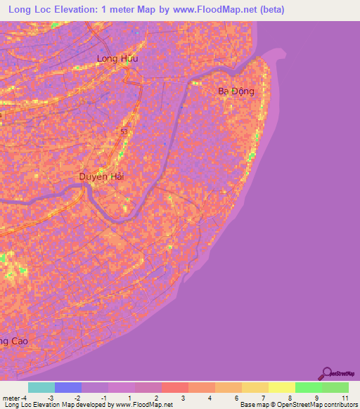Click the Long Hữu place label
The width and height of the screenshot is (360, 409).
tap(117, 59)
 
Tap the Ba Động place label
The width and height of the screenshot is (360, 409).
tap(235, 91)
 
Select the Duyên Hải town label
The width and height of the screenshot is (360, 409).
tap(101, 177)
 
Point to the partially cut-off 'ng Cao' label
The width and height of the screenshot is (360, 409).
tap(13, 342)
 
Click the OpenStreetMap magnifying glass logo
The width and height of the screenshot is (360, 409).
tap(327, 374)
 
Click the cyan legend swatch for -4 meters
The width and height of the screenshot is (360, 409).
tap(41, 387)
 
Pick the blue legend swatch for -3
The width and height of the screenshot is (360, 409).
tap(68, 387)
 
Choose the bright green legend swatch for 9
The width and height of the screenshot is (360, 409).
tap(308, 387)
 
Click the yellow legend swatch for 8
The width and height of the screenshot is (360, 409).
tap(281, 387)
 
